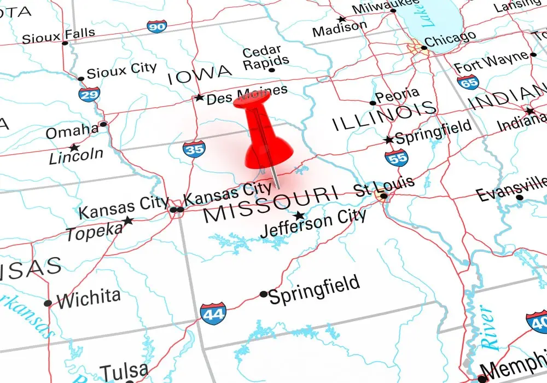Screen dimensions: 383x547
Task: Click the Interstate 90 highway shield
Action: pyautogui.click(x=157, y=26)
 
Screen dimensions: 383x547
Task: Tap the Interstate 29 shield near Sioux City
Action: pyautogui.click(x=89, y=95)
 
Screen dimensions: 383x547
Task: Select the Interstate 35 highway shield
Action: pyautogui.click(x=194, y=148)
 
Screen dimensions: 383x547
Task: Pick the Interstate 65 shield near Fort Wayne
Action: pyautogui.click(x=468, y=82)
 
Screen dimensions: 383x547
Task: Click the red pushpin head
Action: pyautogui.click(x=253, y=99)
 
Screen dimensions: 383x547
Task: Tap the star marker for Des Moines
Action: pyautogui.click(x=199, y=98)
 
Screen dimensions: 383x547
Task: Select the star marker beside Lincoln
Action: pyautogui.click(x=73, y=148)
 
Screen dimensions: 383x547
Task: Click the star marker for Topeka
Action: pyautogui.click(x=128, y=220)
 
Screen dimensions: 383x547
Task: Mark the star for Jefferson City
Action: pyautogui.click(x=299, y=216)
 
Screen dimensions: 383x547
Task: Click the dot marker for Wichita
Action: pyautogui.click(x=48, y=303)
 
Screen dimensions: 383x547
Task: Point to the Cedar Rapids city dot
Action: pyautogui.click(x=272, y=70)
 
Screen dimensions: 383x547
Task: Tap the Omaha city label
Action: pyautogui.click(x=72, y=132)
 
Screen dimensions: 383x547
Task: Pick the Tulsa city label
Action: pyautogui.click(x=124, y=371)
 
